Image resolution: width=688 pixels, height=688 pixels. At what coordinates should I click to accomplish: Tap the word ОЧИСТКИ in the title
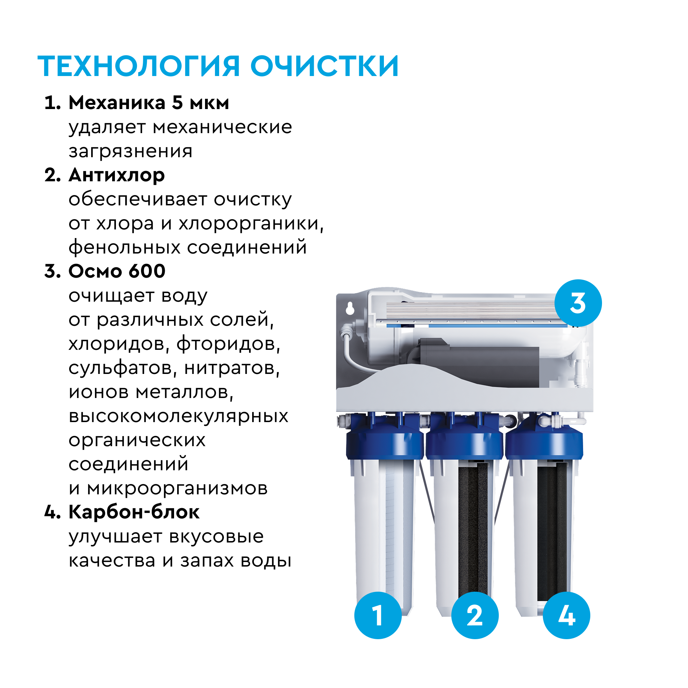click(x=324, y=66)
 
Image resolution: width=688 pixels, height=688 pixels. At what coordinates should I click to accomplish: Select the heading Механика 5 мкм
click(x=149, y=103)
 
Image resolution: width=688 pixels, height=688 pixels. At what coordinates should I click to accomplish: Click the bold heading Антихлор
click(x=117, y=175)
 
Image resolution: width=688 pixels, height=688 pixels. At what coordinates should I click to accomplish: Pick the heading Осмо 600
click(x=117, y=271)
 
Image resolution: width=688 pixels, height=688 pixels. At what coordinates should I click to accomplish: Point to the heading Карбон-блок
click(x=134, y=512)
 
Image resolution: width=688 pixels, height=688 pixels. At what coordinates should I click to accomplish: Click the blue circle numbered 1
click(x=378, y=615)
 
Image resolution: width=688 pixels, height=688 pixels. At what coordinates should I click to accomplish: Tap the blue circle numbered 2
click(x=475, y=615)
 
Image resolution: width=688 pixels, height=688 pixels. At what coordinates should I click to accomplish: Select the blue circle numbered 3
click(x=578, y=303)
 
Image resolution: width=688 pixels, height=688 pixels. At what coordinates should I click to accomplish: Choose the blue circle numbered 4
click(x=566, y=615)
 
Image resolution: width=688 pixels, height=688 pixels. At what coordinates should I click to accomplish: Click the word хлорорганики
click(x=251, y=224)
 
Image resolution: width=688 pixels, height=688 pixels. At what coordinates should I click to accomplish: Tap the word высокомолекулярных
click(x=179, y=416)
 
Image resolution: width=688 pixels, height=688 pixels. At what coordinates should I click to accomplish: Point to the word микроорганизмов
click(x=177, y=488)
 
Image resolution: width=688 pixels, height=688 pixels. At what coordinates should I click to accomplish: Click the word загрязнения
click(x=130, y=151)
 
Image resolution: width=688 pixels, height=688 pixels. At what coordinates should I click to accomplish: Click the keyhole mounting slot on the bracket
click(x=350, y=308)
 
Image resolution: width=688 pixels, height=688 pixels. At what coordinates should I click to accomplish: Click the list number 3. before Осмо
click(x=53, y=271)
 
